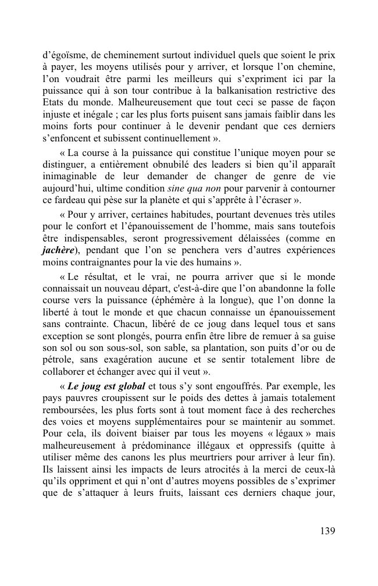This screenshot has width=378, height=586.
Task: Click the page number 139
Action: click(x=327, y=531)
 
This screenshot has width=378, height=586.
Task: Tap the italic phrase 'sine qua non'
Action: click(x=189, y=188)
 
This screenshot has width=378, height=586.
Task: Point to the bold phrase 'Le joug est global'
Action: click(x=107, y=386)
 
